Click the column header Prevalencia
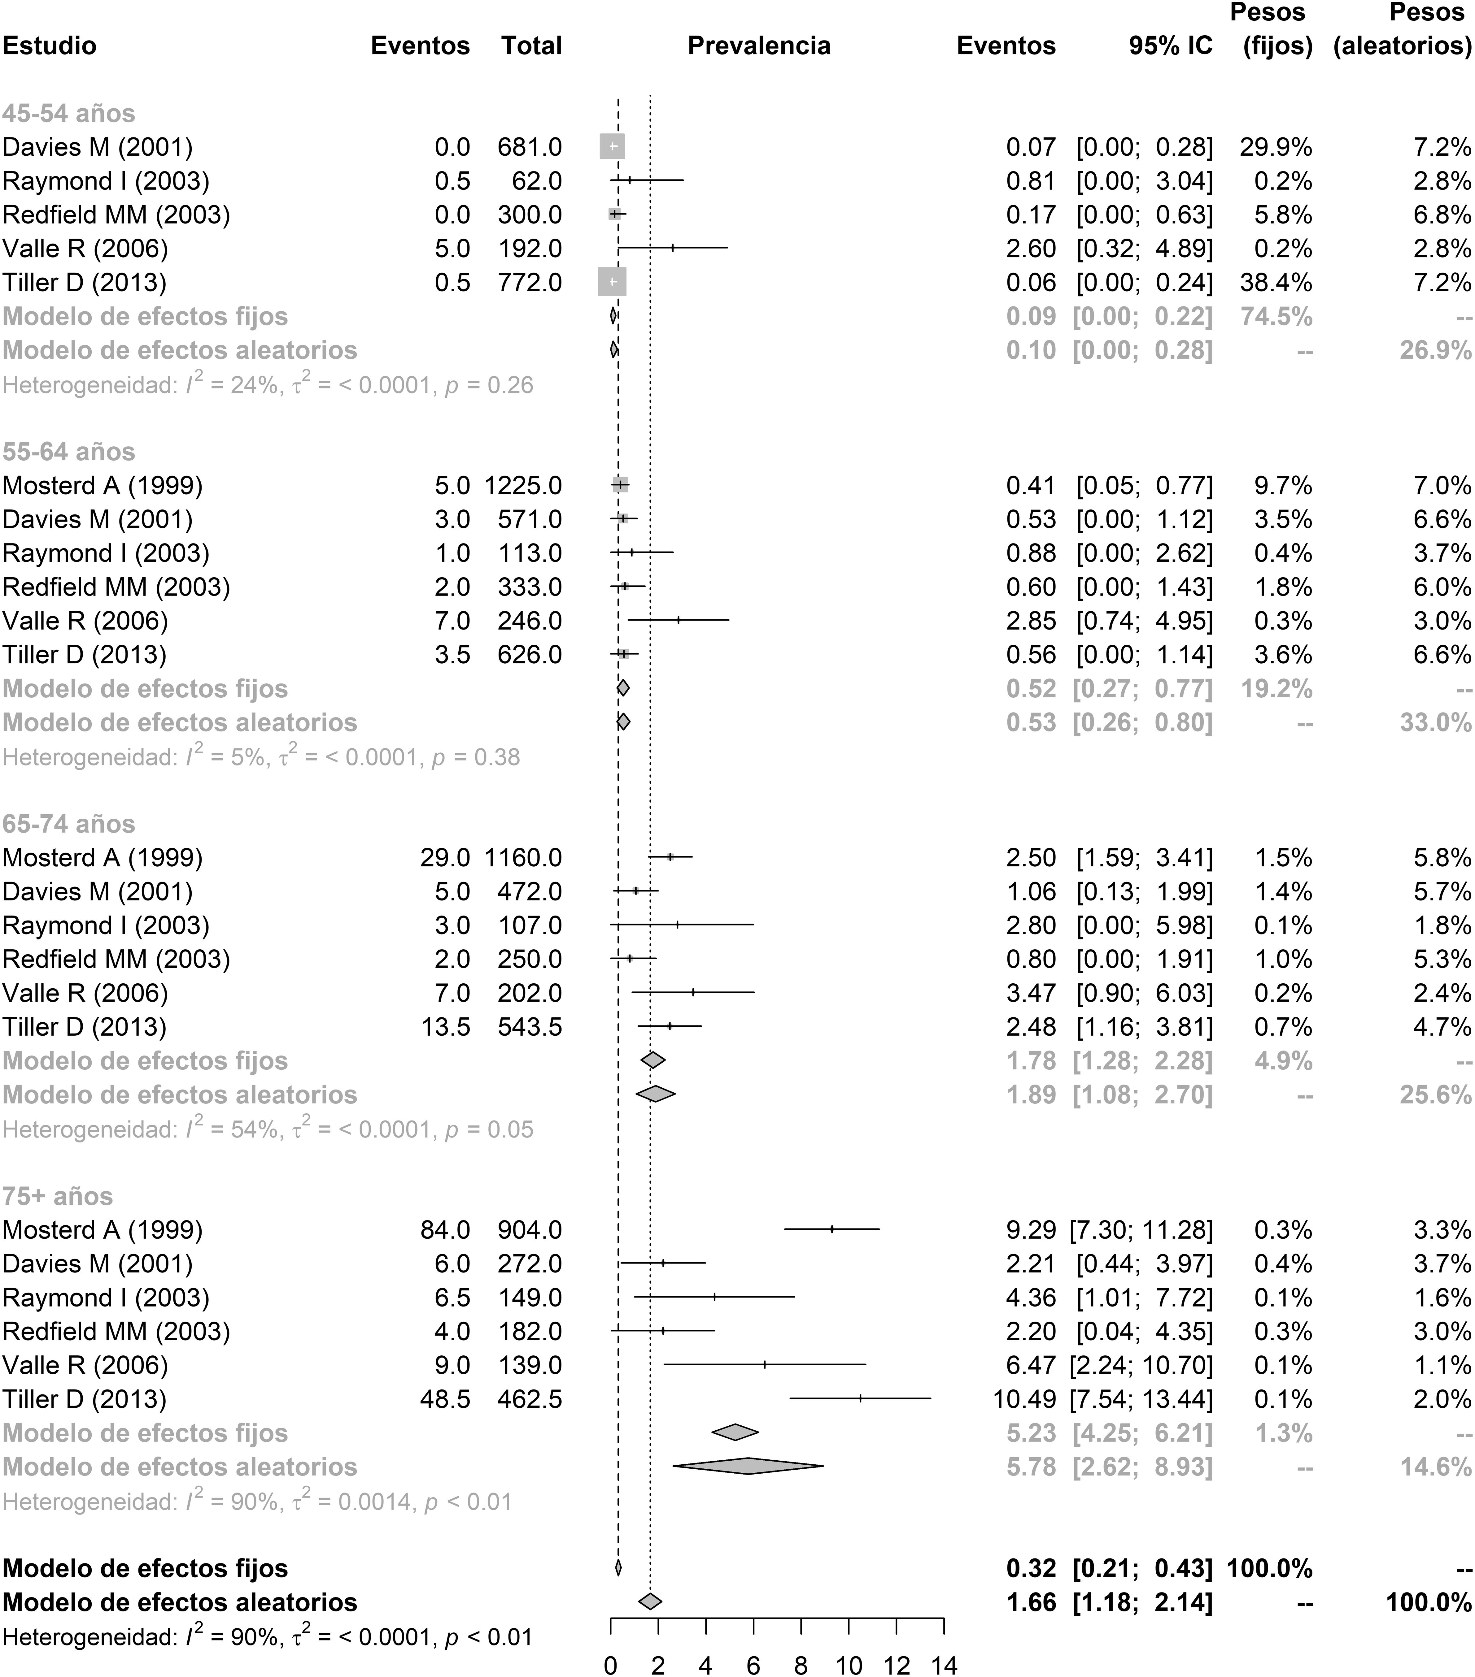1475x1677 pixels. click(758, 46)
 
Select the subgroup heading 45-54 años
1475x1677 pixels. click(69, 113)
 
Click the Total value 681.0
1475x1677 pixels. click(530, 148)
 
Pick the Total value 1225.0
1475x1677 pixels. click(523, 486)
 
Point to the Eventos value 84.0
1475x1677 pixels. click(444, 1230)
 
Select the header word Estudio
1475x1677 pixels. click(49, 46)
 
